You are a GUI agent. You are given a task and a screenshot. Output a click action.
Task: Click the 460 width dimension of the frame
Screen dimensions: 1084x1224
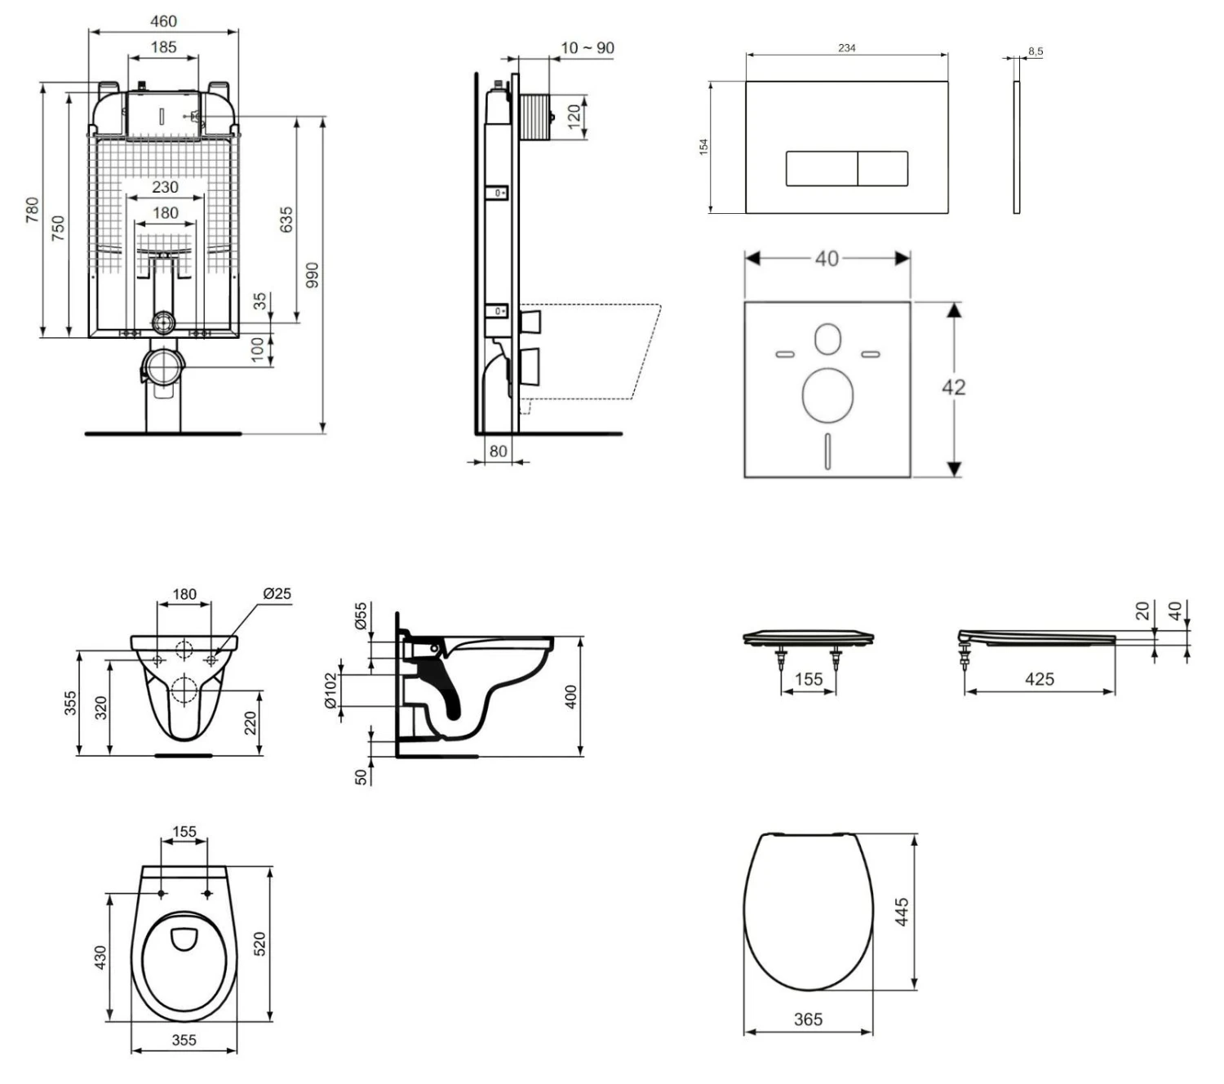(x=163, y=21)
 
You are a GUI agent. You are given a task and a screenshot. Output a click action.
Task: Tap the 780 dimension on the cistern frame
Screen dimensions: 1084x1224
(x=32, y=210)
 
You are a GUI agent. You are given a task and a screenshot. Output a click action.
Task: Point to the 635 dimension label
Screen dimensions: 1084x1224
(x=286, y=220)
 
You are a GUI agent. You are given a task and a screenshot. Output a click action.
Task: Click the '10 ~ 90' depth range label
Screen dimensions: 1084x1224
(x=587, y=48)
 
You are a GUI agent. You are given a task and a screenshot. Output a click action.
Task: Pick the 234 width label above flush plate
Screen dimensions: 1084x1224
(x=846, y=48)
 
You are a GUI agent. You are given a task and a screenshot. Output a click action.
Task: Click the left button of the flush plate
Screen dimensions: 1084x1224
(x=821, y=169)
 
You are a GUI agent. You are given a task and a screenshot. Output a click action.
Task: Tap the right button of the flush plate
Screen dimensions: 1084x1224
(x=883, y=169)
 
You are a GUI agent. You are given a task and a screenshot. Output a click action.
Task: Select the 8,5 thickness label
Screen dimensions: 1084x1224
(x=1035, y=51)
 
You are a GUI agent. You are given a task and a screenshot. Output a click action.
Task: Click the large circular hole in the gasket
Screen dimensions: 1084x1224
(x=827, y=395)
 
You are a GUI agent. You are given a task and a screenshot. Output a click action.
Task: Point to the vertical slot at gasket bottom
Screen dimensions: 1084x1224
(x=827, y=451)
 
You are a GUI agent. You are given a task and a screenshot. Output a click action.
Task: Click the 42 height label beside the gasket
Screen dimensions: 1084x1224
(x=953, y=387)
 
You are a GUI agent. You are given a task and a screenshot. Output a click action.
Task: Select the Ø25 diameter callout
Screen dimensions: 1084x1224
(x=277, y=593)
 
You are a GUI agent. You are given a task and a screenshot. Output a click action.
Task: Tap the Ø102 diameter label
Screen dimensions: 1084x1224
(x=330, y=691)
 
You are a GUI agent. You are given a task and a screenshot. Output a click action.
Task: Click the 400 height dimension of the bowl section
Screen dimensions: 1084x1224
(x=571, y=696)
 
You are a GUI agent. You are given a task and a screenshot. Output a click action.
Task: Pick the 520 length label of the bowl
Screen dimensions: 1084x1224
(x=260, y=944)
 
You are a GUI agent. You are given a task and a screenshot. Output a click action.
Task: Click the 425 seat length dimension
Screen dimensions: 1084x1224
(x=1039, y=679)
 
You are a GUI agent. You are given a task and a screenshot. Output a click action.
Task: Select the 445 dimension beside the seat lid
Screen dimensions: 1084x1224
(x=902, y=912)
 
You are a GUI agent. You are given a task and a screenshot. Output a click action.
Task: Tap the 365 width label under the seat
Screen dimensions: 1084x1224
(x=808, y=1020)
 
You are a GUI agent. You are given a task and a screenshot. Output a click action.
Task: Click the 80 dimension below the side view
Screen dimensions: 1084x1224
(x=498, y=451)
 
